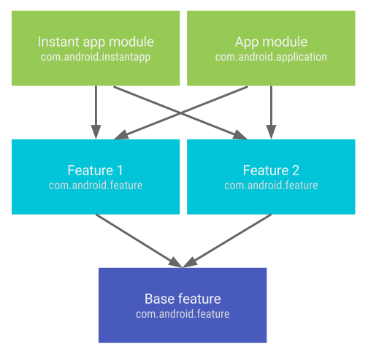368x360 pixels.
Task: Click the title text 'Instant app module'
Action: pyautogui.click(x=96, y=42)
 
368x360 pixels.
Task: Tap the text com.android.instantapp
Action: pyautogui.click(x=96, y=56)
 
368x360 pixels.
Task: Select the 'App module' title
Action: pyautogui.click(x=271, y=42)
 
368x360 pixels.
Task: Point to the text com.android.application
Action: pyautogui.click(x=271, y=56)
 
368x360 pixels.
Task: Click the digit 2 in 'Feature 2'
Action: pyautogui.click(x=295, y=170)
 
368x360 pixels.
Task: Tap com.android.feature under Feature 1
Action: pyautogui.click(x=96, y=185)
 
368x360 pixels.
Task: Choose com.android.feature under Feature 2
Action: pyautogui.click(x=271, y=185)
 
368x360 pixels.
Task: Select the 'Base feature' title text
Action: pyautogui.click(x=183, y=299)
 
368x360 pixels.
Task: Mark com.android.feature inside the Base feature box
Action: pyautogui.click(x=183, y=314)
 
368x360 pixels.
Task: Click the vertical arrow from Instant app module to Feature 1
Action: pyautogui.click(x=96, y=110)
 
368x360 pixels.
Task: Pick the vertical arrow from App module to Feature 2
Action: pyautogui.click(x=271, y=110)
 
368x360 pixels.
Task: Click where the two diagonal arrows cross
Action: pyautogui.click(x=183, y=112)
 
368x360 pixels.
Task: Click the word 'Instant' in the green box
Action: pyautogui.click(x=58, y=42)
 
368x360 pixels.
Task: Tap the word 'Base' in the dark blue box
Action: pyautogui.click(x=160, y=299)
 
